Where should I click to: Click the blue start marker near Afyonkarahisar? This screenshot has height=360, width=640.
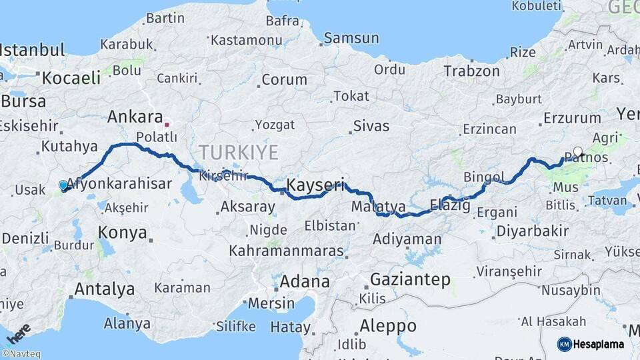click(x=63, y=185)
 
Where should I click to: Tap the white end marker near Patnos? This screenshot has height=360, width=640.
click(x=577, y=151)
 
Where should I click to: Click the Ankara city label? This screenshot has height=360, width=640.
click(x=135, y=117)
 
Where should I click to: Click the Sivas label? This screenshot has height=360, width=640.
click(x=371, y=125)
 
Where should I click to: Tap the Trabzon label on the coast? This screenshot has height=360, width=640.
click(x=472, y=71)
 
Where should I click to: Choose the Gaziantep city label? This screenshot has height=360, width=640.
click(x=410, y=279)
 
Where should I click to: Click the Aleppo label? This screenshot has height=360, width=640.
click(x=388, y=326)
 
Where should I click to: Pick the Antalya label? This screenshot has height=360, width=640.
click(x=104, y=289)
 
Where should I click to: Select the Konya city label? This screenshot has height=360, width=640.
click(x=122, y=233)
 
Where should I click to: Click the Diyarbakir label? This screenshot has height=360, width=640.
click(x=532, y=231)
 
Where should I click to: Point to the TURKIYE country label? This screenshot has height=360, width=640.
click(x=238, y=152)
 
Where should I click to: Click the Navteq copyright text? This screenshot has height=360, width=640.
click(x=21, y=354)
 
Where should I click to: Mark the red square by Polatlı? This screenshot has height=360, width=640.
click(x=167, y=123)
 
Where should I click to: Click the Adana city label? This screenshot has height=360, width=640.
click(x=305, y=281)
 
